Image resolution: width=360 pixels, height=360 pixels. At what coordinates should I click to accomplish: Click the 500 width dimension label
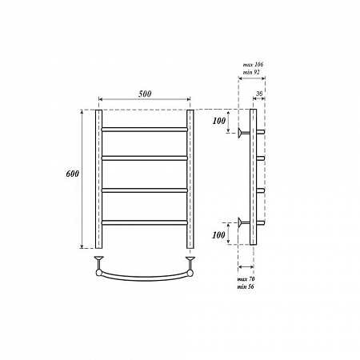[145, 94]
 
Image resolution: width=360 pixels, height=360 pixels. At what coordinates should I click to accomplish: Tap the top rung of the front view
[144, 128]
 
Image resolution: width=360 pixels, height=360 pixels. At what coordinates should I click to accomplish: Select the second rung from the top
[144, 158]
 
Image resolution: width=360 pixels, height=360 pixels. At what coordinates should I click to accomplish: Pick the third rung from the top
[144, 190]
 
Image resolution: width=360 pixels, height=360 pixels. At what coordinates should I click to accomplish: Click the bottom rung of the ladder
[144, 221]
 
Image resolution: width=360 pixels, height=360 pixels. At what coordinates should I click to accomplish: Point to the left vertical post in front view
[99, 180]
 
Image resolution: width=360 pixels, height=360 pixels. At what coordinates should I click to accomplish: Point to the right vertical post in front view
[190, 180]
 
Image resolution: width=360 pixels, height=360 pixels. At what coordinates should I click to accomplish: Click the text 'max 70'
[246, 278]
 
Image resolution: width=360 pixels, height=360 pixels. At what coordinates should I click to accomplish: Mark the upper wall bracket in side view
[240, 131]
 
